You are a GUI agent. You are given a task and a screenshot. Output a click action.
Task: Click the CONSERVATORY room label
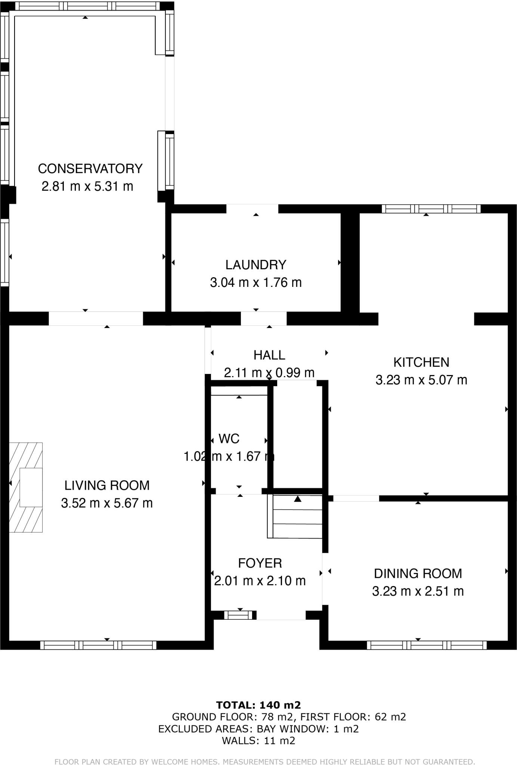coord(90,168)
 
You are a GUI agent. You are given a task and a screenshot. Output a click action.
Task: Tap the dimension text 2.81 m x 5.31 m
coord(87,186)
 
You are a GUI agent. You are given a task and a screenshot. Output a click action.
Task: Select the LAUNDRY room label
coord(256,265)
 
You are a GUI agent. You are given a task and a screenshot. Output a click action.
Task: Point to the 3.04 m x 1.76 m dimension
coord(256,282)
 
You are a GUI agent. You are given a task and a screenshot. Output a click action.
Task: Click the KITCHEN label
coord(421,362)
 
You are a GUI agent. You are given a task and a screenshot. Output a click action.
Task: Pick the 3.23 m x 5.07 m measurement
coord(421,380)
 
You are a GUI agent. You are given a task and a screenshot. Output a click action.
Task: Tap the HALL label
coord(269,355)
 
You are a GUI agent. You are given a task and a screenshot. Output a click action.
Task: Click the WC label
coord(229,439)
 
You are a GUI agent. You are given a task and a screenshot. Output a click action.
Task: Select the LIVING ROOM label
coord(107,485)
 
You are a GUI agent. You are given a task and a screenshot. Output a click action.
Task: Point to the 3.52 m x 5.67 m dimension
coord(107,503)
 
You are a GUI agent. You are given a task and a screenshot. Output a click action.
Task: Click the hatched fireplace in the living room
coord(26,487)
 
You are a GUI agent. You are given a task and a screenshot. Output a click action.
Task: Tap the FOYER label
coord(260,563)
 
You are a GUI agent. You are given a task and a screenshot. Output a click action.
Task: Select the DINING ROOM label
coord(418,573)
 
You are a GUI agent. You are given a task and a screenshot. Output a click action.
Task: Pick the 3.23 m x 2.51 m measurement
coord(418,591)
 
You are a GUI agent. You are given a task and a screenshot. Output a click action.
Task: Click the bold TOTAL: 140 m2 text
coord(258,705)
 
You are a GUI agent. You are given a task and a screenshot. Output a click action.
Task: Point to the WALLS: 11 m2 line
coord(258,741)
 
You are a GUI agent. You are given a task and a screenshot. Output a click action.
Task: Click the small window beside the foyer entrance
coord(238,615)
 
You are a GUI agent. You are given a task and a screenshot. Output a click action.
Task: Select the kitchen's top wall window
coord(431,209)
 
